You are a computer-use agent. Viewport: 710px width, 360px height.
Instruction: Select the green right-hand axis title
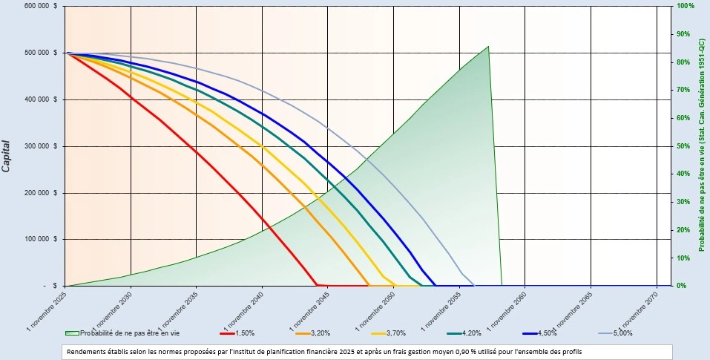click(x=702, y=145)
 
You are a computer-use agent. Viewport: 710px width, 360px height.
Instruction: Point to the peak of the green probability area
click(x=488, y=47)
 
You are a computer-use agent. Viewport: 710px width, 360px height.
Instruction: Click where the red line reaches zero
click(x=318, y=285)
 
